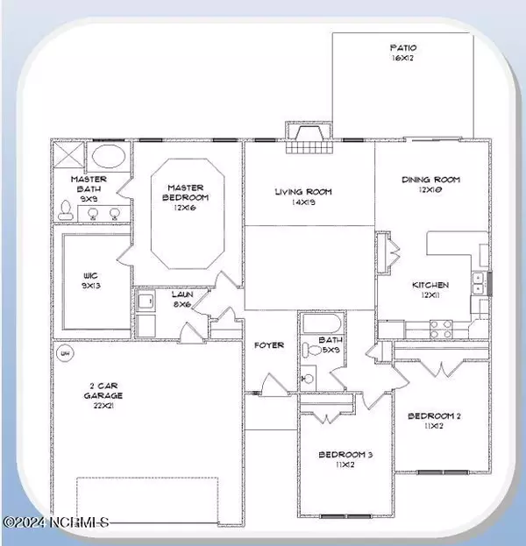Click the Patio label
pos(404,53)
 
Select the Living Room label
pos(303,196)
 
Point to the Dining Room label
pos(430,185)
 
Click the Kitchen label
pos(431,290)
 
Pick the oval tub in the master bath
pos(110,158)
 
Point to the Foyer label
pos(269,345)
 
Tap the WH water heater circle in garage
pos(63,354)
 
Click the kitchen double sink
pos(479,283)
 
